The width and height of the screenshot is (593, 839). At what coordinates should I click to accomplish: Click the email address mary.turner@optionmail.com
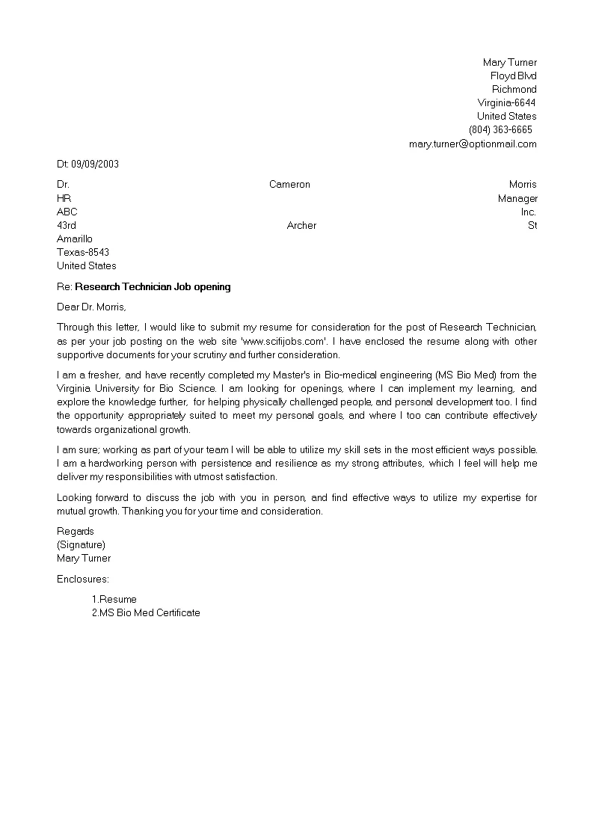pyautogui.click(x=473, y=144)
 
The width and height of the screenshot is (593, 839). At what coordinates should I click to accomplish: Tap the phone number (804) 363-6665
pyautogui.click(x=500, y=129)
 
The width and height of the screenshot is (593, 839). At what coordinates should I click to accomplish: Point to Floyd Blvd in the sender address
pyautogui.click(x=513, y=76)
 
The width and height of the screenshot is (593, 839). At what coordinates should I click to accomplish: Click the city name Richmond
pyautogui.click(x=514, y=89)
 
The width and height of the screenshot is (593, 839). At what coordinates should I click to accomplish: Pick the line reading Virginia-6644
pyautogui.click(x=506, y=102)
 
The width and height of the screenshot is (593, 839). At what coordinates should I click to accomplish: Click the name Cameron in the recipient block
pyautogui.click(x=289, y=184)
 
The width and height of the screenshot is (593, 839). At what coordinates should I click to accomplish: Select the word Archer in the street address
pyautogui.click(x=301, y=225)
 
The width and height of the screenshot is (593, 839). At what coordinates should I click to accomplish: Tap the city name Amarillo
pyautogui.click(x=75, y=239)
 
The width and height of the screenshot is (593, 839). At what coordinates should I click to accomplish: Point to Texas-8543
pyautogui.click(x=83, y=252)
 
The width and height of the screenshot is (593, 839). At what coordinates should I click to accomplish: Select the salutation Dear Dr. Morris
pyautogui.click(x=92, y=307)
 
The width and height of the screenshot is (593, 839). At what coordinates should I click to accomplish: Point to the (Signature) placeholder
pyautogui.click(x=81, y=544)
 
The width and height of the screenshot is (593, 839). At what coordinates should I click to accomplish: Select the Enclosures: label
pyautogui.click(x=83, y=579)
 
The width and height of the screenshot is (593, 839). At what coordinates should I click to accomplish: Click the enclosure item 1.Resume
pyautogui.click(x=114, y=599)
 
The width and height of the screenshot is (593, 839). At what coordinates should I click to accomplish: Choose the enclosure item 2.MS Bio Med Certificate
pyautogui.click(x=146, y=612)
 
